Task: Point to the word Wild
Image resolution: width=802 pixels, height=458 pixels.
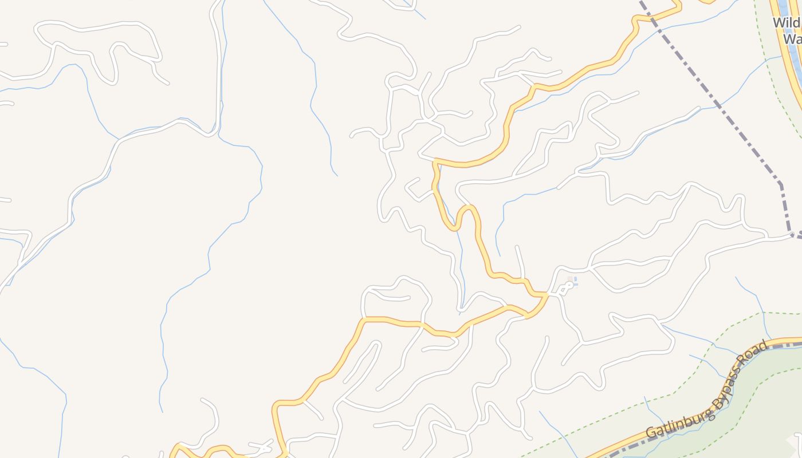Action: click(x=787, y=23)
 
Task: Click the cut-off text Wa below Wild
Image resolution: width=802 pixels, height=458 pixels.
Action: click(x=792, y=40)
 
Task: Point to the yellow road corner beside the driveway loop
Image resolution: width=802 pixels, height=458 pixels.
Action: click(x=544, y=295)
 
